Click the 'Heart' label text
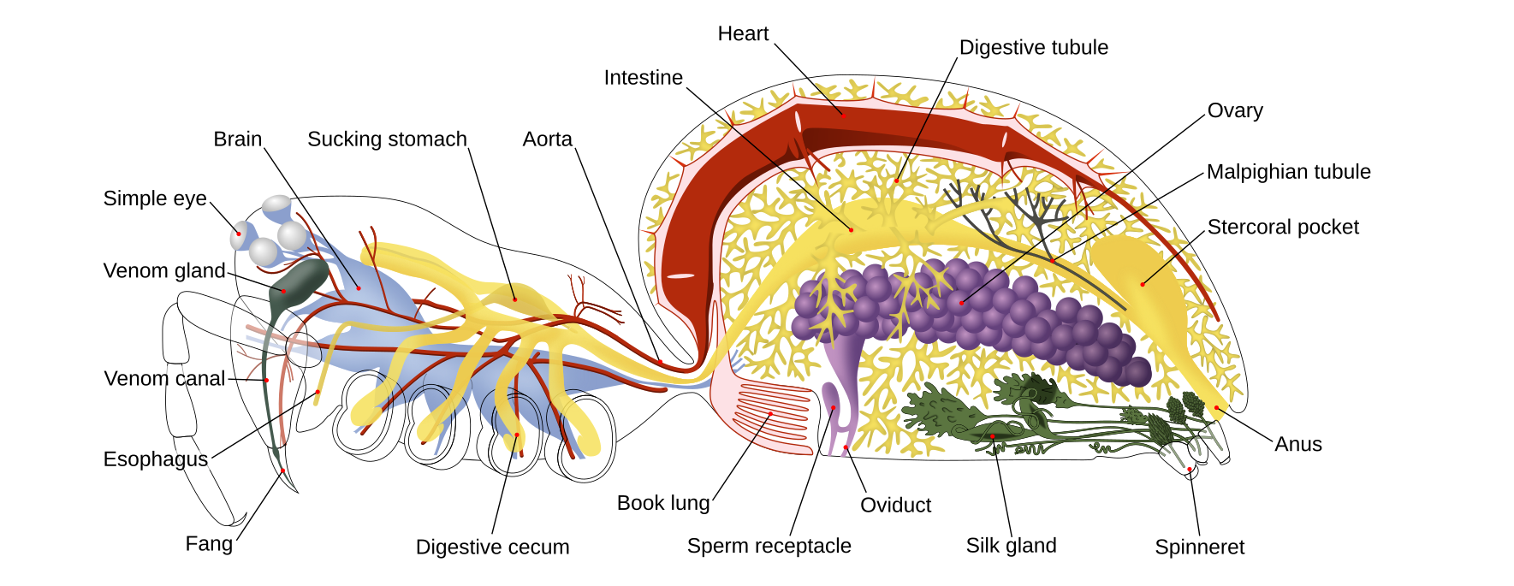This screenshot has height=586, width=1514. (x=743, y=34)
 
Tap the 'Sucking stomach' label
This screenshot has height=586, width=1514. (x=387, y=139)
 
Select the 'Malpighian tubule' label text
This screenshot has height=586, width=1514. (x=1288, y=172)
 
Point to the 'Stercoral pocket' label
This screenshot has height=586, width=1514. (x=1283, y=228)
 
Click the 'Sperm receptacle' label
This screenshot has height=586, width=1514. (x=769, y=546)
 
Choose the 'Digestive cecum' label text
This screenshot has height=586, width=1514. (x=492, y=548)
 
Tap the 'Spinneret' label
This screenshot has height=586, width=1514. (x=1199, y=548)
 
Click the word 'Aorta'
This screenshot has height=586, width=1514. (x=547, y=139)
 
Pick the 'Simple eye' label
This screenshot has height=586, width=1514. (x=155, y=198)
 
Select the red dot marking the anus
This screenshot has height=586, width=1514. (x=1216, y=408)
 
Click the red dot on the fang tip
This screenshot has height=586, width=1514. (x=282, y=471)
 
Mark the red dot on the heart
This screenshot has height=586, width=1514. (x=841, y=113)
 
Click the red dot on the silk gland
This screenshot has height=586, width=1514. (x=993, y=436)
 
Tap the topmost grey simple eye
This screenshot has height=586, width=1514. (x=276, y=204)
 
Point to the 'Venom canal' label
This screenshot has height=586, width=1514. (x=164, y=379)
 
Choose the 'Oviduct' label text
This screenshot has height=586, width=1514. (x=895, y=506)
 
